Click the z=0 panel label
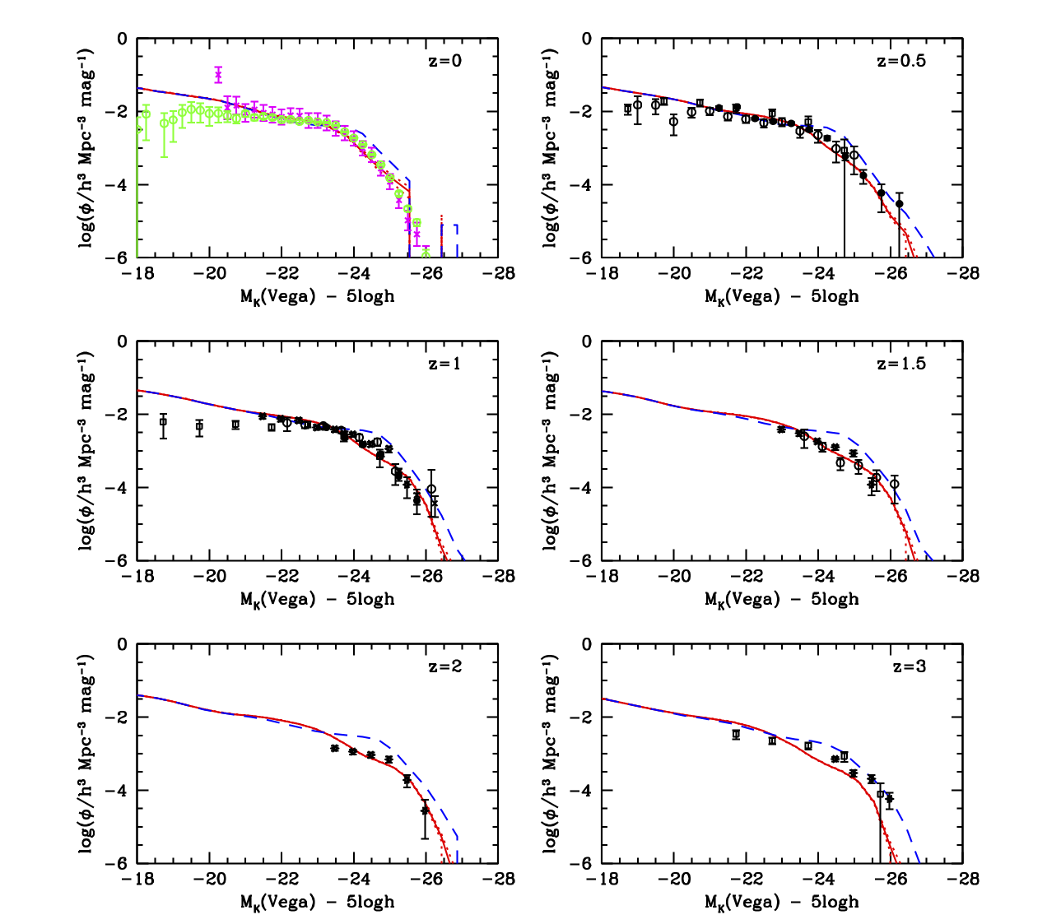point(444,61)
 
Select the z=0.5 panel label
point(900,61)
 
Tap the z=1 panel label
point(444,364)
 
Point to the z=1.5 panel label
point(900,364)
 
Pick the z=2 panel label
point(444,666)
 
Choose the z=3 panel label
point(909,666)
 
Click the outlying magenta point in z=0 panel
point(218,75)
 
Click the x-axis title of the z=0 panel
point(317,296)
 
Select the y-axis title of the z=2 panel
point(86,753)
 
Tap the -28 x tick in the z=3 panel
point(962,880)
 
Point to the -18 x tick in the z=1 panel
point(137,577)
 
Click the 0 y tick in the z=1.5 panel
point(587,341)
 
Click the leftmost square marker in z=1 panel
point(163,422)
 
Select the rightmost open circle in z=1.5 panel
point(895,484)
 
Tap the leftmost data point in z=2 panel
point(335,748)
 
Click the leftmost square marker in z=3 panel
point(736,734)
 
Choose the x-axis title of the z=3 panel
point(781,902)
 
